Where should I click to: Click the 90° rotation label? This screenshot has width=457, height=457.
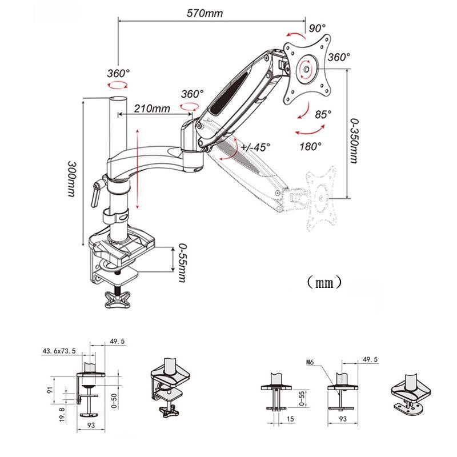click(x=317, y=28)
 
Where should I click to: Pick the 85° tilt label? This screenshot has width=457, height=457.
click(x=323, y=114)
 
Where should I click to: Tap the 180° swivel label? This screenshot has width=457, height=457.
click(x=310, y=146)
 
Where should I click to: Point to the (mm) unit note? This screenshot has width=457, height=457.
click(x=323, y=282)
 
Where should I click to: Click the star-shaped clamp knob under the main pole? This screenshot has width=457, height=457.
click(x=119, y=299)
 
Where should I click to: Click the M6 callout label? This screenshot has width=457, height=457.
click(x=310, y=362)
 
